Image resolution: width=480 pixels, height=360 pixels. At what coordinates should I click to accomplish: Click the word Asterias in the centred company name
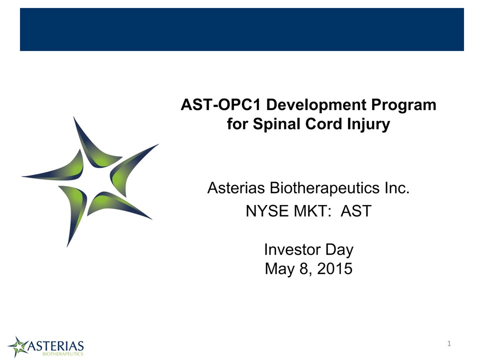(x=236, y=187)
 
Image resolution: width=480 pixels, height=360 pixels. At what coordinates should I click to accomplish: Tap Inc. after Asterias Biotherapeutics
(x=397, y=187)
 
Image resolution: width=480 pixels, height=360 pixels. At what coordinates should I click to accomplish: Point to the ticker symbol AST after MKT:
(x=356, y=211)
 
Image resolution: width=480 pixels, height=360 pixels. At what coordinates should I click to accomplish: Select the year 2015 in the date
(x=335, y=269)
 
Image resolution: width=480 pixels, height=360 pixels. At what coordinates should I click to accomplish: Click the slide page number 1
(x=449, y=344)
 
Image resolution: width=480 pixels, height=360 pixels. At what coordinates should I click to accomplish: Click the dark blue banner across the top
(x=242, y=29)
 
